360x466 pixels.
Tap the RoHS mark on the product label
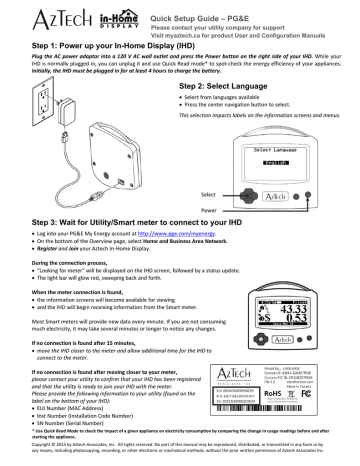tap(277, 393)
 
